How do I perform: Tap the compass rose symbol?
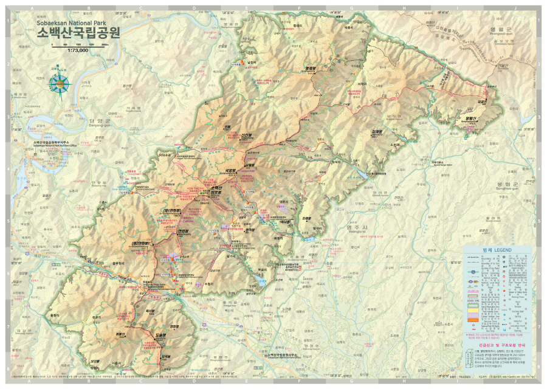[x=60, y=84]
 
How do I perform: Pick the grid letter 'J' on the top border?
[x=515, y=9]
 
